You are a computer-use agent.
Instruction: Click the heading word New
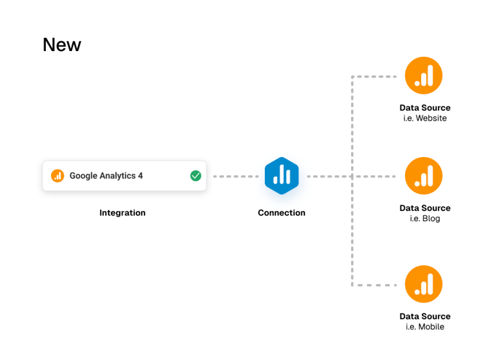(62, 45)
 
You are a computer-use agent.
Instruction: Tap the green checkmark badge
(196, 175)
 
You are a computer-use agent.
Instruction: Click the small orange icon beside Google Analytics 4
(58, 176)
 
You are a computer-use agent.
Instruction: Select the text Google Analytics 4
(106, 176)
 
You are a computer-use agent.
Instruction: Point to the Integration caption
(123, 213)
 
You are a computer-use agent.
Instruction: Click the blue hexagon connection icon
(282, 176)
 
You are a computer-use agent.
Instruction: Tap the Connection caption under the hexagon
(282, 213)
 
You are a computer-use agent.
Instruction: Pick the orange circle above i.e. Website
(424, 75)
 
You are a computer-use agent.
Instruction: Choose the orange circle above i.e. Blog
(424, 176)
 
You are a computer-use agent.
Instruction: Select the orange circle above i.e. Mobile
(424, 284)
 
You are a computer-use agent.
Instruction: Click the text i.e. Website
(425, 118)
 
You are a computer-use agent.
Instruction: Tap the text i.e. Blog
(425, 218)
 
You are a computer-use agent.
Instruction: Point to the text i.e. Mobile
(425, 327)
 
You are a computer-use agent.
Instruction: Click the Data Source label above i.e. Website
(425, 108)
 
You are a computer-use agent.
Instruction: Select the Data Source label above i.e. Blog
(425, 208)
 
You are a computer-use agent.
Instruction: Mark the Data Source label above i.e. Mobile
(425, 316)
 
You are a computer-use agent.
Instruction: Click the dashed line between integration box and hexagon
(236, 176)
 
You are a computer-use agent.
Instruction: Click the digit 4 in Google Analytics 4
(140, 176)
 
